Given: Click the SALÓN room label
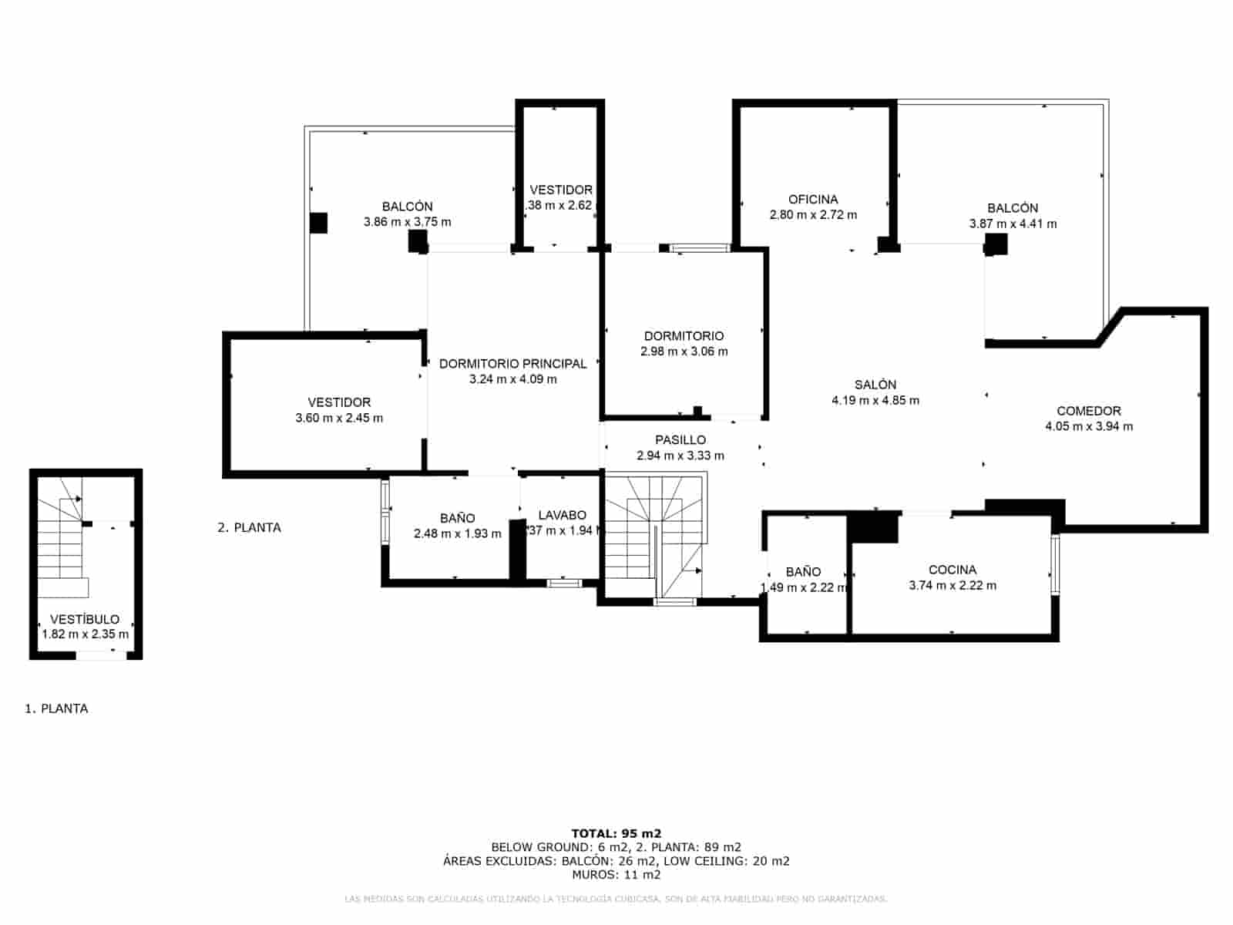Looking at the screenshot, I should pyautogui.click(x=875, y=385).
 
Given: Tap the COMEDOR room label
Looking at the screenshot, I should pyautogui.click(x=1088, y=411).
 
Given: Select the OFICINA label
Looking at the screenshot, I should pyautogui.click(x=812, y=200).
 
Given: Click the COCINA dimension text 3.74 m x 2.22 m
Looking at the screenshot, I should pyautogui.click(x=952, y=586).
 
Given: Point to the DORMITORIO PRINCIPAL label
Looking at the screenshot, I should pyautogui.click(x=512, y=364).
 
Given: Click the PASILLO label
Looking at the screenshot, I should pyautogui.click(x=680, y=440).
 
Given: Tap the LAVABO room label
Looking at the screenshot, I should pyautogui.click(x=562, y=515).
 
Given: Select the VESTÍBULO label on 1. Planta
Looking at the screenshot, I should pyautogui.click(x=85, y=619).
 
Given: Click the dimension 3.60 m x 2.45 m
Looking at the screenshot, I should pyautogui.click(x=339, y=419).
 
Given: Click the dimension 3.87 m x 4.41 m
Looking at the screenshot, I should pyautogui.click(x=1013, y=224).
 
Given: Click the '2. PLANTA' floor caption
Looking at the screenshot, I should pyautogui.click(x=249, y=528).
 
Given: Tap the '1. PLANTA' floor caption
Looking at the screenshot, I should pyautogui.click(x=56, y=708).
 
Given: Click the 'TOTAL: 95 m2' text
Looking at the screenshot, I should pyautogui.click(x=616, y=833).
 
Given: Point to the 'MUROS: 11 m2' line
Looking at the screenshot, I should pyautogui.click(x=616, y=875).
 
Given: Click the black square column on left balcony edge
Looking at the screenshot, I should pyautogui.click(x=318, y=223).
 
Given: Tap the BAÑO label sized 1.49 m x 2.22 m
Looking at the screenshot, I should pyautogui.click(x=803, y=572).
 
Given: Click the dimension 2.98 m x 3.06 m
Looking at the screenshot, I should pyautogui.click(x=684, y=351).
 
